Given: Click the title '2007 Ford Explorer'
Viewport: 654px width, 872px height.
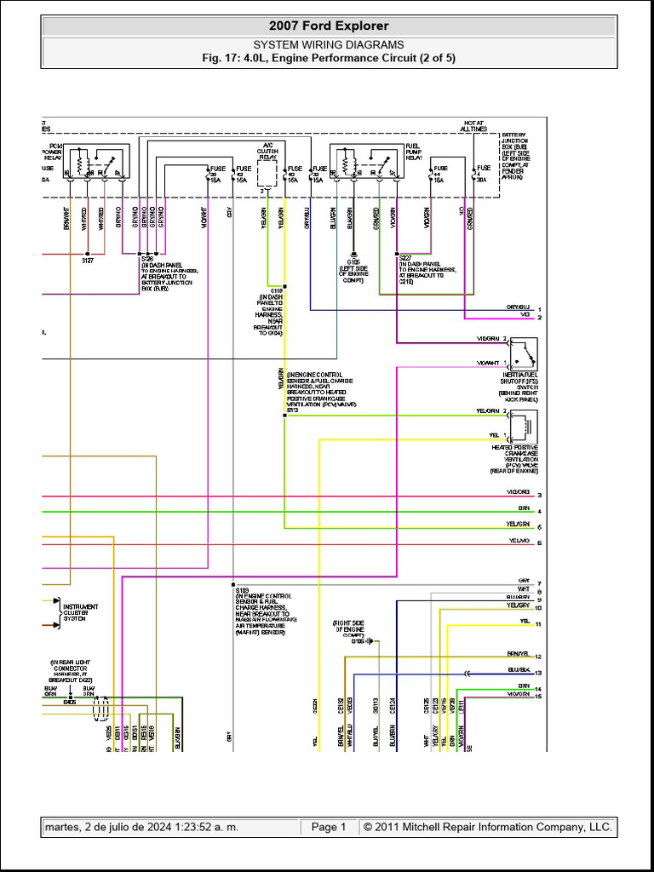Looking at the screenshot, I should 329,26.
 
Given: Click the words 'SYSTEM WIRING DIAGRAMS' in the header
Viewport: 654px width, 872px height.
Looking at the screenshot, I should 329,44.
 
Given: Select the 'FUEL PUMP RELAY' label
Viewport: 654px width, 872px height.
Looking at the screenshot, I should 413,151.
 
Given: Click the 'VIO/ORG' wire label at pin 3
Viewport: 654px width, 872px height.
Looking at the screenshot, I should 518,493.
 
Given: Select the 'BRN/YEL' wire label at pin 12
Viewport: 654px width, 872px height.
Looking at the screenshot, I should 518,655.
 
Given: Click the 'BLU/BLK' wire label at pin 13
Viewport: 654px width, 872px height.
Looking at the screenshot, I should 518,671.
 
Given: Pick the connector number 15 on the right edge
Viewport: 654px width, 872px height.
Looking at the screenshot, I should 539,696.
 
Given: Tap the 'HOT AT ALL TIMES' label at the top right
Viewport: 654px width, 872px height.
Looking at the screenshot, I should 474,126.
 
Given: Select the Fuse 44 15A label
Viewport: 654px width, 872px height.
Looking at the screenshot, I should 439,174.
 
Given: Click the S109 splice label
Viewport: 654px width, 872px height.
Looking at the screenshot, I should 241,589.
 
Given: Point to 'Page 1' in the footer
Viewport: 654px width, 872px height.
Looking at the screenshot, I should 329,827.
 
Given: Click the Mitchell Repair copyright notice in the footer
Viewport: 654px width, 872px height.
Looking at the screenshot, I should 487,827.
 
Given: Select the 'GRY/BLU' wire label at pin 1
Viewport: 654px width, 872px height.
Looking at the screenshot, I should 518,307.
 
